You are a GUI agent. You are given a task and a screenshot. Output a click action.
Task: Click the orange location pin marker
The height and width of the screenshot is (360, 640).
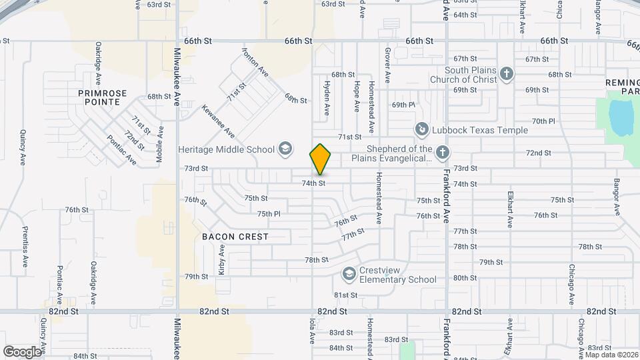pos(321,159)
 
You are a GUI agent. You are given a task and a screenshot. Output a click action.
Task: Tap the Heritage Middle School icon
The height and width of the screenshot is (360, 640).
pos(285,149)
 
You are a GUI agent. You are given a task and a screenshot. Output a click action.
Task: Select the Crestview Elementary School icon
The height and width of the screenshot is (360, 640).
pos(349,274)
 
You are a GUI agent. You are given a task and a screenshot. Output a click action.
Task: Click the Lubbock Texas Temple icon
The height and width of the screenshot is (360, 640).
pos(421,129)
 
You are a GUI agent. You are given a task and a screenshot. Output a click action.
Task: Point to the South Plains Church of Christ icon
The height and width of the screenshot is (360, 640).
pos(507,74)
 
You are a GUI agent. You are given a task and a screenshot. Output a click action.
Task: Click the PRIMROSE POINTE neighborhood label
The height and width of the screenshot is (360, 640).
pos(98,97)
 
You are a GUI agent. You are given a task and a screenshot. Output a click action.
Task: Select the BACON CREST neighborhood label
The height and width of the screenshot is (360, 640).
pos(235,237)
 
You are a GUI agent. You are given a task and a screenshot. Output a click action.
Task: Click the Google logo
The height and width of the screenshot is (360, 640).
pos(22,351)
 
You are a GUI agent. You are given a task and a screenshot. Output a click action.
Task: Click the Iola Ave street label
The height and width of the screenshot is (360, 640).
pos(311,333)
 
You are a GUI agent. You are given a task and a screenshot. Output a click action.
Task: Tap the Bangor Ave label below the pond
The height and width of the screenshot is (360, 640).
pos(617,195)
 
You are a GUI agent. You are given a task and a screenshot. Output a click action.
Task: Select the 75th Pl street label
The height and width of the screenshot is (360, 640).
pos(269,214)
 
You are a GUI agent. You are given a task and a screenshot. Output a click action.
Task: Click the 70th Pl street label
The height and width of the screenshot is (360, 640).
pos(543,121)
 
